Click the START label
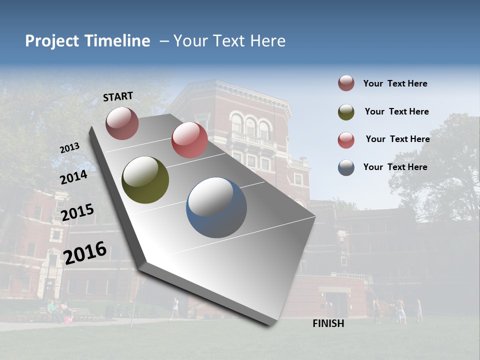[118, 96]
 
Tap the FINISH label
[328, 323]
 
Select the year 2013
[70, 147]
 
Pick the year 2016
[85, 252]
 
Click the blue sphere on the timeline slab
[216, 207]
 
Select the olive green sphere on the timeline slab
[145, 180]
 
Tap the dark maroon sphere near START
[122, 123]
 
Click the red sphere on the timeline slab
[189, 140]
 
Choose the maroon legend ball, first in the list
[346, 83]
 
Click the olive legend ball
[346, 112]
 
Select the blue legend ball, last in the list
[346, 167]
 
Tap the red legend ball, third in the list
[346, 140]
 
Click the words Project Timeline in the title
[87, 41]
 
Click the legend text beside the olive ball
[396, 111]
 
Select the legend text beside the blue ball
[395, 167]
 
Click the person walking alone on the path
[174, 308]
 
